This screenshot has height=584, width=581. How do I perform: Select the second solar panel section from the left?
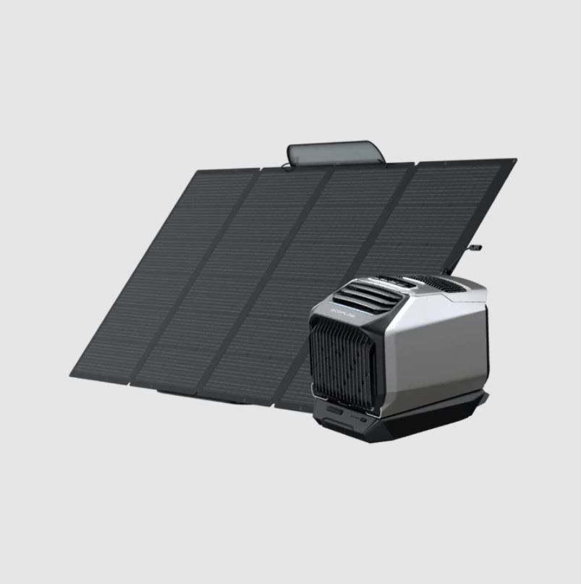click(x=239, y=275)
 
